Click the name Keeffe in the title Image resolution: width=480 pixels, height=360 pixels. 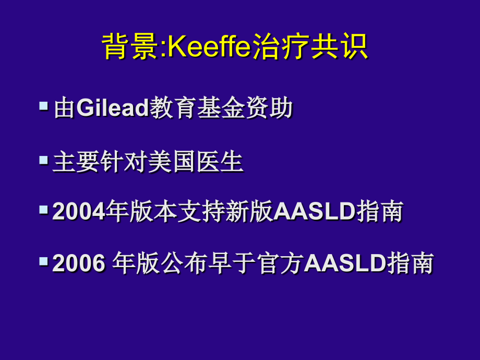pos(209,47)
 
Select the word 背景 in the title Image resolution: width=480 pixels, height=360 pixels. pos(130,47)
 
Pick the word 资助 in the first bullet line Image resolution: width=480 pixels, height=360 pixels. pos(269,109)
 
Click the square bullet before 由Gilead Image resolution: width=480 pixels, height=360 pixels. pos(43,106)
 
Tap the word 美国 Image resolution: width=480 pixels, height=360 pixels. pos(172,162)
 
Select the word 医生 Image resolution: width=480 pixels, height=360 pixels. pos(220,162)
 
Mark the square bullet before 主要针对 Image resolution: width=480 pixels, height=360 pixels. pos(43,159)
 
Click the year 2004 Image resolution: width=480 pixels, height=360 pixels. pos(79,212)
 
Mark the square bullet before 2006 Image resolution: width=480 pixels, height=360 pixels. pos(43,260)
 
